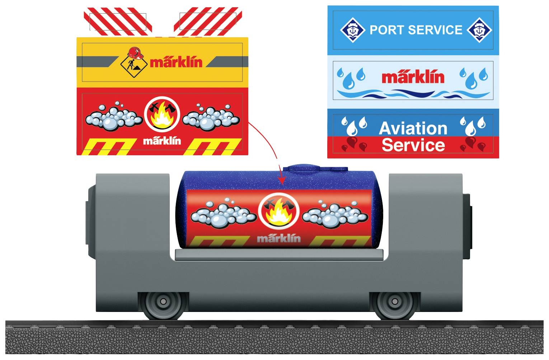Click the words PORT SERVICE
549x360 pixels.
tap(416, 30)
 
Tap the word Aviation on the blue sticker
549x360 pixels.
tap(413, 128)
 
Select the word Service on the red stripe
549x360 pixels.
tap(413, 145)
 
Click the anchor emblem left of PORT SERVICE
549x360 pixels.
tap(352, 30)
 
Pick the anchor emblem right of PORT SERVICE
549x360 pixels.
tap(479, 30)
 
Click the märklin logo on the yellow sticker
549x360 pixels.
tap(176, 62)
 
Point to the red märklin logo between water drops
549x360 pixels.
tap(413, 77)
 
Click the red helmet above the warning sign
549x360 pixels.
tap(135, 53)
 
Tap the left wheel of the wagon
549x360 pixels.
tap(164, 302)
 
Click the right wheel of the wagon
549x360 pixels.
tap(395, 302)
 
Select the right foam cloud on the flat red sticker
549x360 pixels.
tap(211, 117)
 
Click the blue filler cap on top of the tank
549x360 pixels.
tap(315, 169)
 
